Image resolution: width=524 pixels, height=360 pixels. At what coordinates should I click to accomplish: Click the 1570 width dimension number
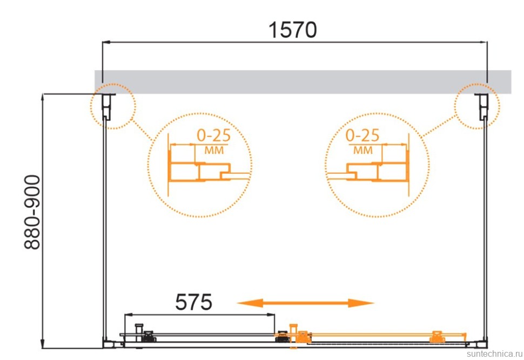tap(293, 30)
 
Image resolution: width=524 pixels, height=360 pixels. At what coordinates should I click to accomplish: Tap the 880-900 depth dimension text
tap(32, 212)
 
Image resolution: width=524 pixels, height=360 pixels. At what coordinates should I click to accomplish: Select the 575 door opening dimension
tap(193, 302)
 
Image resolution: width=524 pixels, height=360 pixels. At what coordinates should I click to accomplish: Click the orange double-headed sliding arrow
tap(305, 303)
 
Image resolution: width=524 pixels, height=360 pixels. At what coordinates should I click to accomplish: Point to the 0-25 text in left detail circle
tap(213, 135)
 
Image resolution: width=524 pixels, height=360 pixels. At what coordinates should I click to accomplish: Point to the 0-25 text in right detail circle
tap(362, 135)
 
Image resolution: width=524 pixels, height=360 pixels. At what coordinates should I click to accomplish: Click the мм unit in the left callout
tap(214, 150)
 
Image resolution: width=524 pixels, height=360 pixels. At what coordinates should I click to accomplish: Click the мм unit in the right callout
tap(363, 150)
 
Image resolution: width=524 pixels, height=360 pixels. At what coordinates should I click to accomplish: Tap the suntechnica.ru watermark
tap(495, 354)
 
